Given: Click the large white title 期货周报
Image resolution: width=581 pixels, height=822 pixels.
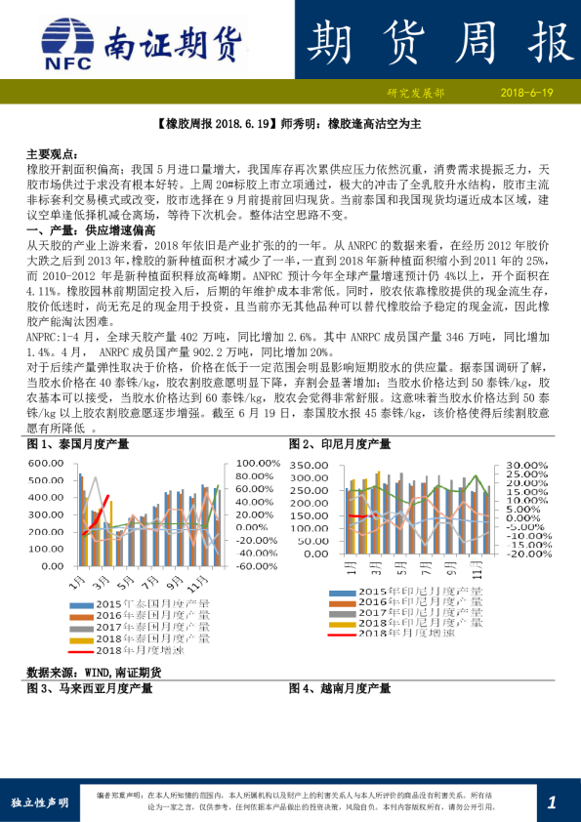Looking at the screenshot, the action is (436, 41).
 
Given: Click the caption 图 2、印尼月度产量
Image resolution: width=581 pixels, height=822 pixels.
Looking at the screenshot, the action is (340, 443).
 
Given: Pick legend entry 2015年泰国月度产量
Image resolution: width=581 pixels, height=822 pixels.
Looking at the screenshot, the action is (152, 606).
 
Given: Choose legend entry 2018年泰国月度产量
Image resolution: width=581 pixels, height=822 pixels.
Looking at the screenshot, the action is (152, 637).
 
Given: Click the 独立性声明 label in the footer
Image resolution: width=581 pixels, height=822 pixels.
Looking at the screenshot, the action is (39, 802).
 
